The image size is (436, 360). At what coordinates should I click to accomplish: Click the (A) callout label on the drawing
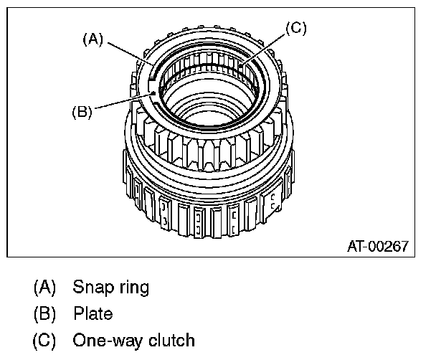[x=93, y=40]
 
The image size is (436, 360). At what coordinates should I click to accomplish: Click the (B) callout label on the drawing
[x=82, y=112]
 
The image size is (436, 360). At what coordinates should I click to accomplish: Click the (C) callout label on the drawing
[x=296, y=29]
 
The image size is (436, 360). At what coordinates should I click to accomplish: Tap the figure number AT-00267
[x=377, y=247]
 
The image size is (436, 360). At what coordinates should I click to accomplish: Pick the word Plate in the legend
[x=93, y=313]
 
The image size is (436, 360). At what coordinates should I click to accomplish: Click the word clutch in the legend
[x=172, y=338]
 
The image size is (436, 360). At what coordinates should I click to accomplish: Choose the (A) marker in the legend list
[x=44, y=288]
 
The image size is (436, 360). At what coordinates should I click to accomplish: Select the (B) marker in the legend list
[x=44, y=313]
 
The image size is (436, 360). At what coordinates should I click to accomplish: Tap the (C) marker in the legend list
[x=44, y=338]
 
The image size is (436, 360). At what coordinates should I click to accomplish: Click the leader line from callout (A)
[x=129, y=55]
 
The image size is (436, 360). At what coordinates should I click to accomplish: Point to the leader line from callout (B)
[x=122, y=101]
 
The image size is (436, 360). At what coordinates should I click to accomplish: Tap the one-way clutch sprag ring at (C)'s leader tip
[x=242, y=69]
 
